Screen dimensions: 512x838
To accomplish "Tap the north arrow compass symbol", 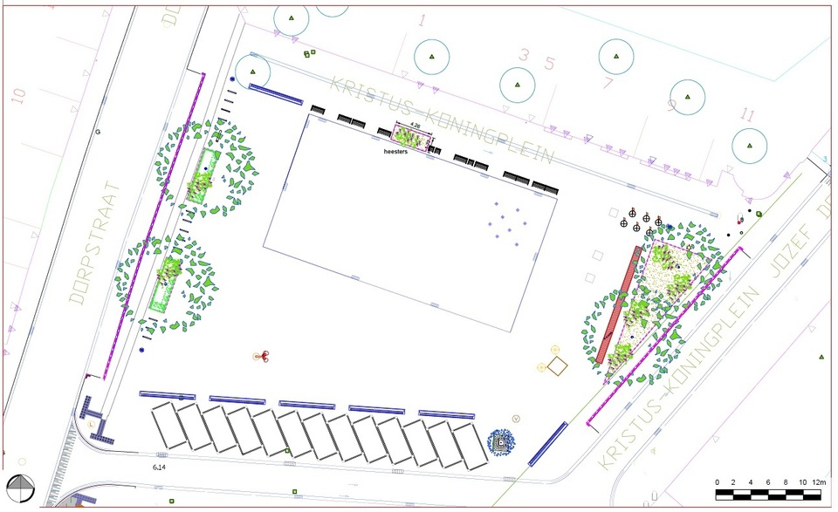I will pos(20,488).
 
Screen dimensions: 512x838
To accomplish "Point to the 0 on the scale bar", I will pos(717,481).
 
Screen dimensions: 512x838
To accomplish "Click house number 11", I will pos(746,114).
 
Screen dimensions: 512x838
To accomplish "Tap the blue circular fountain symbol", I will pos(502,442).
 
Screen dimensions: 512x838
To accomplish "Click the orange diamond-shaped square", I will pos(555,367).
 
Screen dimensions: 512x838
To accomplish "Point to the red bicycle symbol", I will pos(260,355).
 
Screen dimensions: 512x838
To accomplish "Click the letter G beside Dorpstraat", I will pos(99,133).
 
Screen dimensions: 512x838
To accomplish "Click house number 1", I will pos(422,20).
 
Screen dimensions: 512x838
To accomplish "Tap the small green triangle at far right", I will pos(821,357).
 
